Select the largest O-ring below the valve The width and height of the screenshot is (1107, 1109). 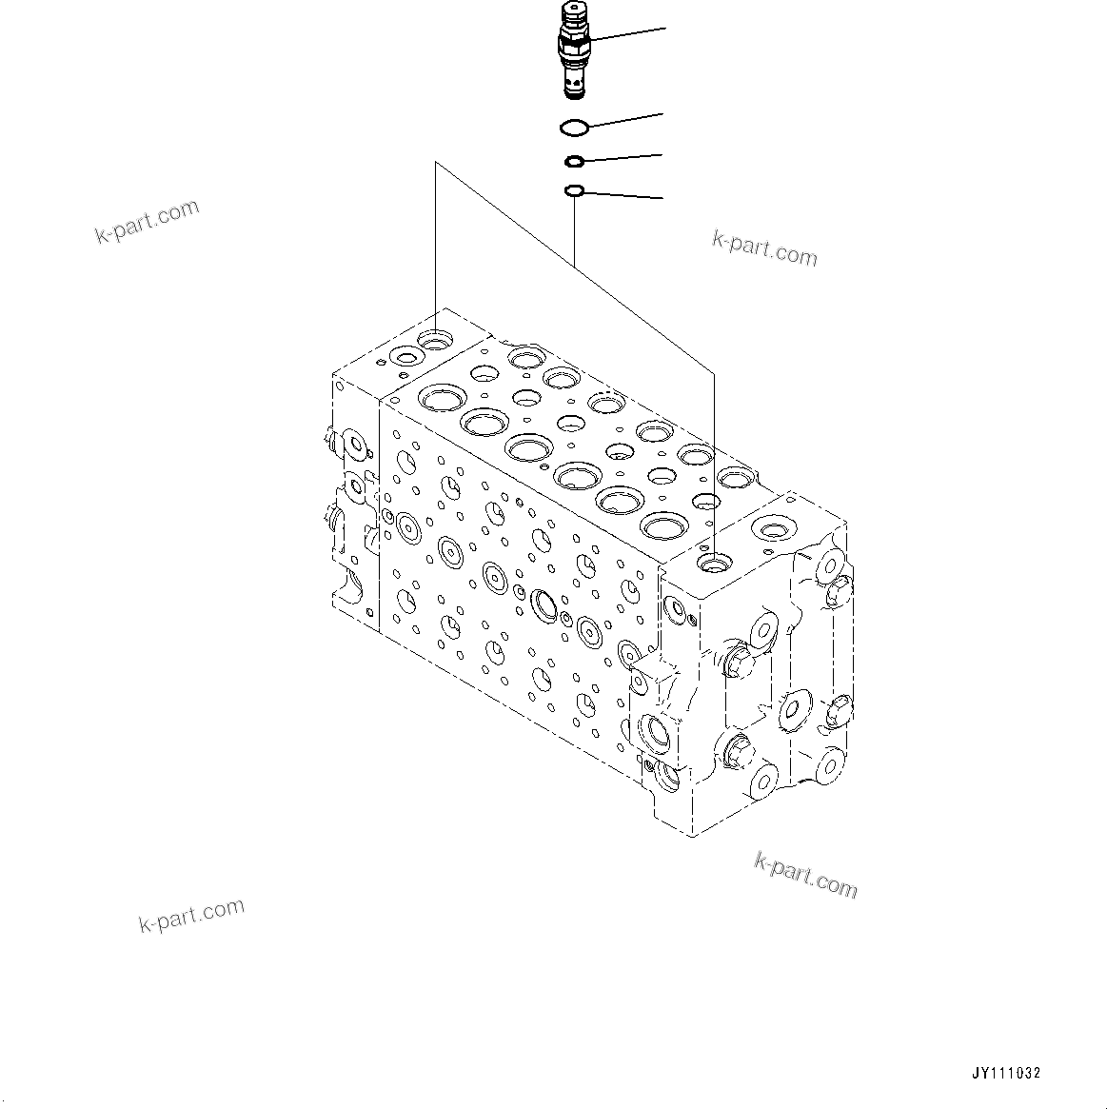(574, 126)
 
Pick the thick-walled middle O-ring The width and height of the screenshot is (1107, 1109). (574, 161)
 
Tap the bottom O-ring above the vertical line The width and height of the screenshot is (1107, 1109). (574, 192)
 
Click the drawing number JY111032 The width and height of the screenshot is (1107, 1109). (1006, 1073)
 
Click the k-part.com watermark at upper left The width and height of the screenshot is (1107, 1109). (148, 221)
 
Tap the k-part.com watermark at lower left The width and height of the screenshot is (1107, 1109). (191, 915)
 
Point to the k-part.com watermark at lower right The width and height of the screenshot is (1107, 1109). (805, 874)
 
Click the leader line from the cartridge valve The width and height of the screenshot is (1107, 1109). (628, 34)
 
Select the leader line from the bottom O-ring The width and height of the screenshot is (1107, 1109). (623, 195)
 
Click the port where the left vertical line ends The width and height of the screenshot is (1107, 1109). (437, 338)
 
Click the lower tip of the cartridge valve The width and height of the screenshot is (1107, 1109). (573, 90)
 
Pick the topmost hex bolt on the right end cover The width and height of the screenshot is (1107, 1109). (837, 594)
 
